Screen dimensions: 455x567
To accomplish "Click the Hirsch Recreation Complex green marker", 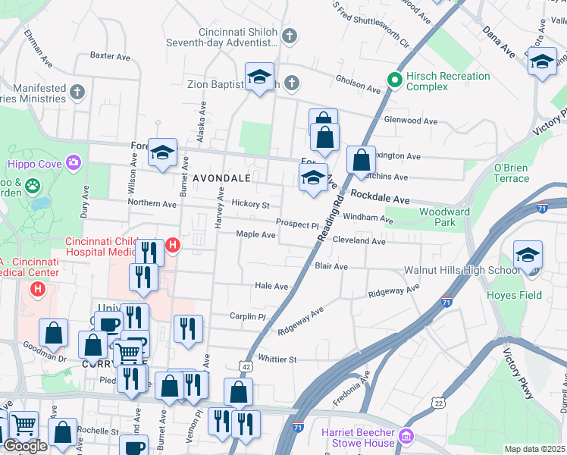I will click(394, 79).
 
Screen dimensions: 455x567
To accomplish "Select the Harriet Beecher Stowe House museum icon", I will click(406, 437).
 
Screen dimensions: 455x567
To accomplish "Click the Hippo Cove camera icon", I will click(73, 162).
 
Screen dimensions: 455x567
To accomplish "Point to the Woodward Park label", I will click(444, 217).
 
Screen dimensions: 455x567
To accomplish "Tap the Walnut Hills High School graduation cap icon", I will click(528, 255).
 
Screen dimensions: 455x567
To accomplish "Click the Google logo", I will click(25, 446).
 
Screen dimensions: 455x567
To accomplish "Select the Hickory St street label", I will click(250, 205).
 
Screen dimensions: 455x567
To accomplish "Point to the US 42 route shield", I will click(248, 366).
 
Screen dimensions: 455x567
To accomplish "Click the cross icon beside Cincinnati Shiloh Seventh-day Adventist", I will click(289, 36).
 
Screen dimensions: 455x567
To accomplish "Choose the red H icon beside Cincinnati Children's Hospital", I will click(173, 245).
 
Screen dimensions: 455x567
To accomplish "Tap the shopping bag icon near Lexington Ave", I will click(362, 160).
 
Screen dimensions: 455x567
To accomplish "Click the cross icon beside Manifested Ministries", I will click(76, 93).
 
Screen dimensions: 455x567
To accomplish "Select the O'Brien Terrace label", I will click(512, 173).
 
